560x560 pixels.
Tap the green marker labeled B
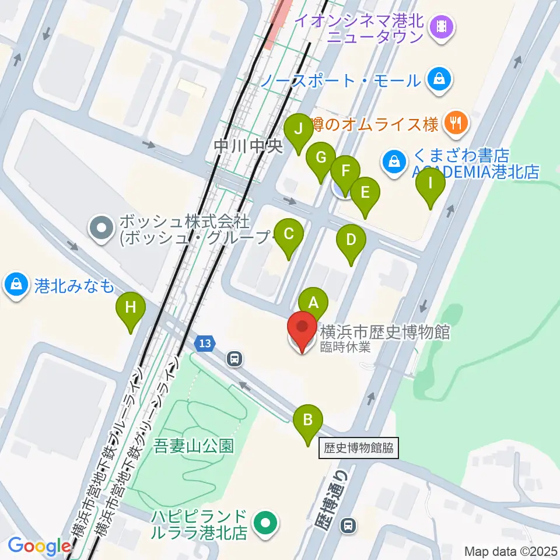click(309, 419)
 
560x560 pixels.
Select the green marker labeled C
click(289, 235)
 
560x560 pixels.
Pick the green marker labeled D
click(351, 240)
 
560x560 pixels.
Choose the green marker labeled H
click(131, 307)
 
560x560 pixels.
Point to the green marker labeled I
click(430, 184)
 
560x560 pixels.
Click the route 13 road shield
click(204, 344)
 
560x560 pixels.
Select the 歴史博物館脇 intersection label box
click(359, 449)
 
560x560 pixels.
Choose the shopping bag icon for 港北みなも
click(14, 285)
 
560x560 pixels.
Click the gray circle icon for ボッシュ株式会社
click(103, 228)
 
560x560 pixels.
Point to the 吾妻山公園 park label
click(194, 447)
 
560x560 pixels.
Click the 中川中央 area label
click(248, 146)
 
